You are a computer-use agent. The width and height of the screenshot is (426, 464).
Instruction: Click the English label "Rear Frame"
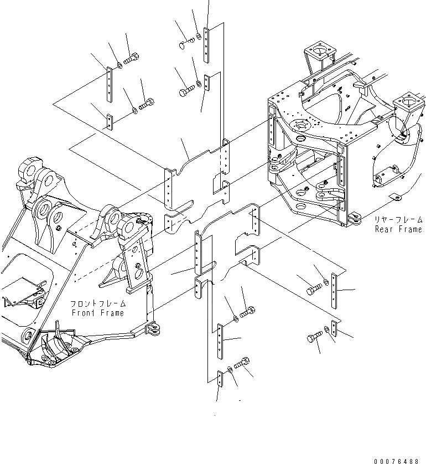(x=398, y=229)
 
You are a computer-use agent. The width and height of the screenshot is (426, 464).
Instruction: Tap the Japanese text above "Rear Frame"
(x=398, y=220)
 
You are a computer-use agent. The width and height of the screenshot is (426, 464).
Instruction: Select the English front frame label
(x=97, y=313)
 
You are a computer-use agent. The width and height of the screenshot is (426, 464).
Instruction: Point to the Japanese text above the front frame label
(x=97, y=305)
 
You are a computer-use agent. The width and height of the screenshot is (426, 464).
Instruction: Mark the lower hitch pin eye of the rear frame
(x=353, y=220)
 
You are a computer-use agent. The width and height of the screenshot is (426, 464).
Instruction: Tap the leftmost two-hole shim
(x=110, y=122)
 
